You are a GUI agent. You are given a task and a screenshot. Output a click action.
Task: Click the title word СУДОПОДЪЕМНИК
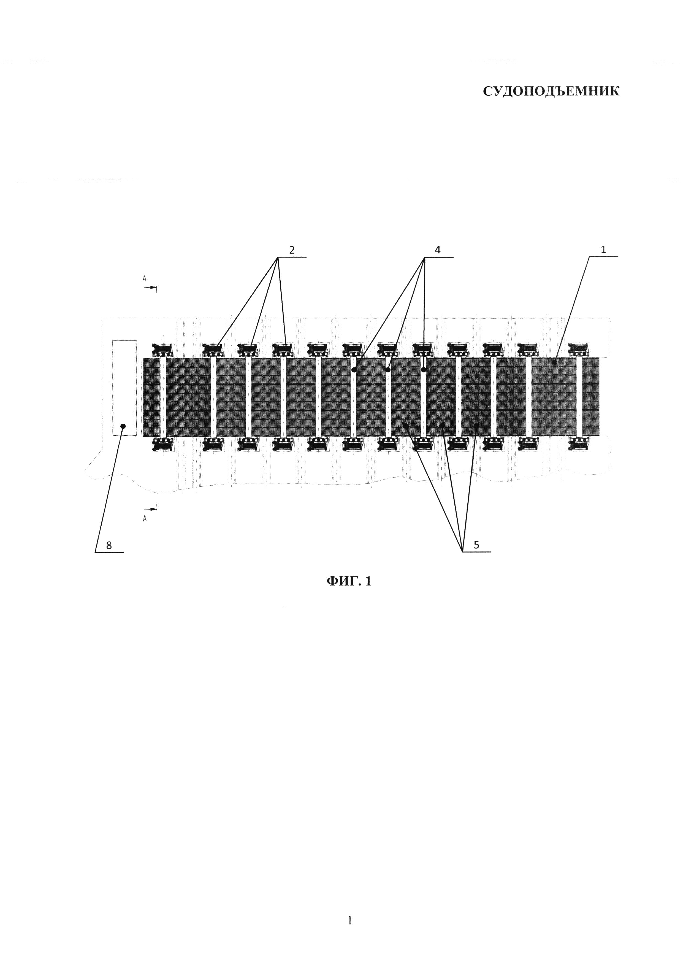[551, 92]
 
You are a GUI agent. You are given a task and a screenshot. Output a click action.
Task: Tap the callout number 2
[292, 250]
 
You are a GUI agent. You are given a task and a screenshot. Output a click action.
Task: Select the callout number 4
[438, 250]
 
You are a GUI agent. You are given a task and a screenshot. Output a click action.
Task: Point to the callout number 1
[603, 250]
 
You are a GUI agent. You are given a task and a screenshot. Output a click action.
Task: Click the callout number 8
[109, 546]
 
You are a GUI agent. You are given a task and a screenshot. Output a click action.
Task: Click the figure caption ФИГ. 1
[349, 581]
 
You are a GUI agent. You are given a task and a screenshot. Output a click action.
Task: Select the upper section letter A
[144, 278]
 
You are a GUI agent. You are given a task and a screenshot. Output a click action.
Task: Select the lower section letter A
[145, 519]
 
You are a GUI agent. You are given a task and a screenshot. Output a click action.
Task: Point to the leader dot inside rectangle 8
[123, 426]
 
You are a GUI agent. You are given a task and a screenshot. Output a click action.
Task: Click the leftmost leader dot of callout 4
[354, 370]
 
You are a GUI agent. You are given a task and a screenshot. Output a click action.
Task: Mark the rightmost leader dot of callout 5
[476, 426]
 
